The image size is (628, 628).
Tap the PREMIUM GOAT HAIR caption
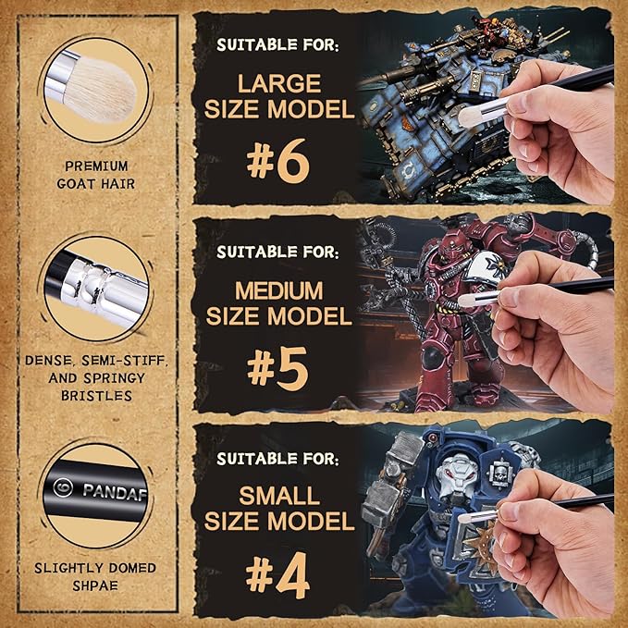tap(97, 174)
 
